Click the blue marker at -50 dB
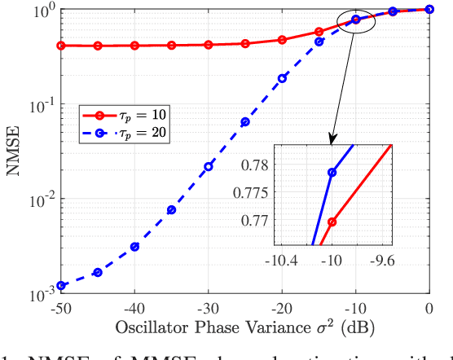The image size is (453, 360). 61,285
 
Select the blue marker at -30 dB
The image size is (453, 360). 209,166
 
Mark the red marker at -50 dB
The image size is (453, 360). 61,46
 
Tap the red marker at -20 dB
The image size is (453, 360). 282,39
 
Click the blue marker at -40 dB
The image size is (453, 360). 134,246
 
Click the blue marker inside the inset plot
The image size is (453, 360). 332,173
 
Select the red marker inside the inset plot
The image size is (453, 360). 332,221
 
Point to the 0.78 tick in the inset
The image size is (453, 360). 256,165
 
